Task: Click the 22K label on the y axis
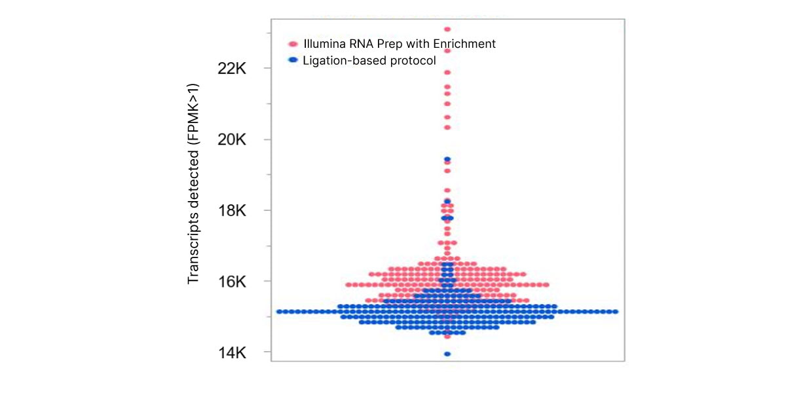tap(232, 69)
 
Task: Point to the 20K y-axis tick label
tap(232, 140)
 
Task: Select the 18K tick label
tap(232, 210)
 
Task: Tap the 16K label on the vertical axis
tap(232, 282)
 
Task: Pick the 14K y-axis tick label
tap(232, 353)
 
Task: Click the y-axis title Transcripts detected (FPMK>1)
tap(193, 183)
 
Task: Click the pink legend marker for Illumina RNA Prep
tap(293, 45)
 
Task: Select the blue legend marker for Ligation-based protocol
tap(293, 60)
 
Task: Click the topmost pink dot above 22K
tap(447, 29)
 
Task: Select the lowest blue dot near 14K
tap(447, 354)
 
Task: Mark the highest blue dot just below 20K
tap(447, 159)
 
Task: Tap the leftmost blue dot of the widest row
tap(280, 312)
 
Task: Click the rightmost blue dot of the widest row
tap(615, 312)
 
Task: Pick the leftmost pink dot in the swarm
tap(348, 285)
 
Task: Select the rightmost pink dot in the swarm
tap(546, 285)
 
